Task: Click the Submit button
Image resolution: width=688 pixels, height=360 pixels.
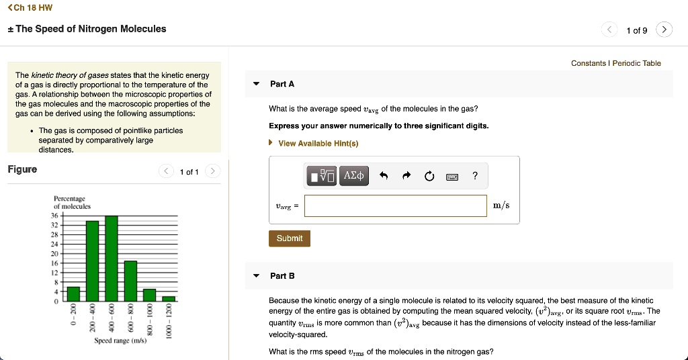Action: pos(290,238)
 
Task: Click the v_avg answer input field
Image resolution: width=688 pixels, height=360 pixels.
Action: pos(395,206)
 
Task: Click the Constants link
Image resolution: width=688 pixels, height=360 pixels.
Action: pos(588,63)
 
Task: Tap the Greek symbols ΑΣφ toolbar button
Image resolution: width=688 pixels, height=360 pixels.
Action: pos(354,176)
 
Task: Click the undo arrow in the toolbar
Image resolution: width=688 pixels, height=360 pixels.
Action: pos(384,176)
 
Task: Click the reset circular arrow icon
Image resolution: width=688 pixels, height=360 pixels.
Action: pos(429,176)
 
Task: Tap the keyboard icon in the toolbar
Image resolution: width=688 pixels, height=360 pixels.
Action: pos(452,176)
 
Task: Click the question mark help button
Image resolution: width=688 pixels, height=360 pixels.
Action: pos(475,176)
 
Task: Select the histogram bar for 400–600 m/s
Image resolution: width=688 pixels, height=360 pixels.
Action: pos(112,259)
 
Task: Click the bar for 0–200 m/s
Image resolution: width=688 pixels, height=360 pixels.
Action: pos(73,294)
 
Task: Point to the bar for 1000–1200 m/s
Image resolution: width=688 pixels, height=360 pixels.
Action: pos(169,298)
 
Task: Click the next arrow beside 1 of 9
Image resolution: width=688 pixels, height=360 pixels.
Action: pos(664,30)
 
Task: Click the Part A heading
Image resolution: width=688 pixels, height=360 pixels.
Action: pos(282,84)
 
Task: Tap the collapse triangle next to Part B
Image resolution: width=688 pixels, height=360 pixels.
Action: pos(256,276)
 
